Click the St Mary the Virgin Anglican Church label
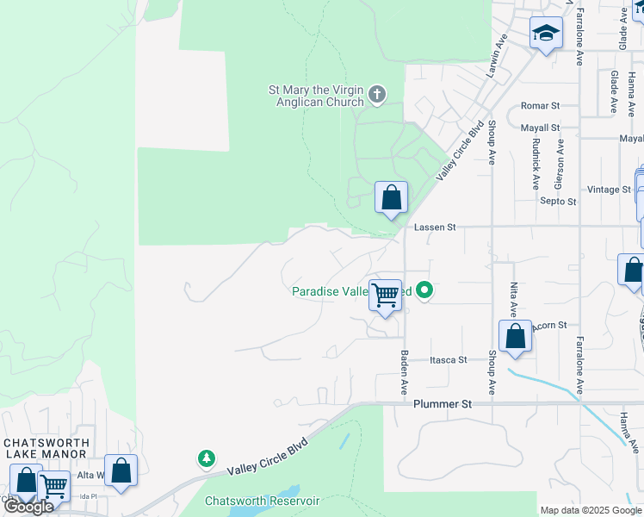click(316, 96)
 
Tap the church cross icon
click(377, 95)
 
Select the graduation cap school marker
click(545, 34)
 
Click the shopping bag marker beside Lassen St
click(391, 198)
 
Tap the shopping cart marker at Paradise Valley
click(386, 296)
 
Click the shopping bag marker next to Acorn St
click(515, 337)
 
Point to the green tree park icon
click(207, 458)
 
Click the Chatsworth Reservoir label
click(262, 501)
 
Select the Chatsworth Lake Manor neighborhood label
click(46, 448)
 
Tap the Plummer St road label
click(443, 403)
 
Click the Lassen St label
click(434, 227)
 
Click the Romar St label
click(540, 106)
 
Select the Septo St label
click(558, 202)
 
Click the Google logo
click(28, 506)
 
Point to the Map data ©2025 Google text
click(591, 510)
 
